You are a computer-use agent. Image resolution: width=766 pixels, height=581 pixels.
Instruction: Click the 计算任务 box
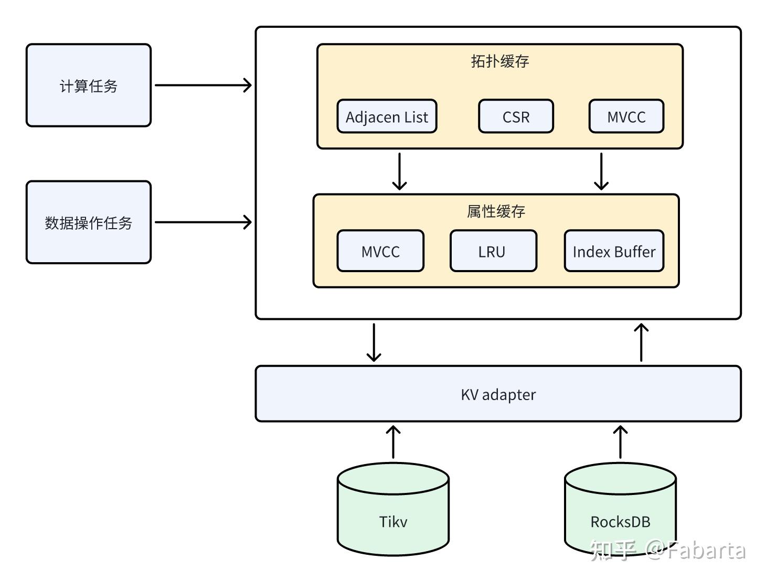pyautogui.click(x=88, y=85)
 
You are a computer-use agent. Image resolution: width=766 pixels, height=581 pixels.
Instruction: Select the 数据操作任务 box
pyautogui.click(x=88, y=222)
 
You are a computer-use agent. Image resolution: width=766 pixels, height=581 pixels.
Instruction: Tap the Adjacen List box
pyautogui.click(x=387, y=116)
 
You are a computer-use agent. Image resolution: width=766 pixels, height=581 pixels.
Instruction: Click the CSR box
pyautogui.click(x=516, y=116)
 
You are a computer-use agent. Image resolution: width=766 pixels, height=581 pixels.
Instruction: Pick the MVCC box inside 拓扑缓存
pyautogui.click(x=626, y=116)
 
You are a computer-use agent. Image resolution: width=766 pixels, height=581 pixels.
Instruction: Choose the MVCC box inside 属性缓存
pyautogui.click(x=380, y=251)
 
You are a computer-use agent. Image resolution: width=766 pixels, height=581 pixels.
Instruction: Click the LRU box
pyautogui.click(x=493, y=251)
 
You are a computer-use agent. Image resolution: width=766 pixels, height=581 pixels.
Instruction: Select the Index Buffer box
pyautogui.click(x=614, y=251)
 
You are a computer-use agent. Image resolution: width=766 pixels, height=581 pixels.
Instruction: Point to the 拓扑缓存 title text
pyautogui.click(x=499, y=61)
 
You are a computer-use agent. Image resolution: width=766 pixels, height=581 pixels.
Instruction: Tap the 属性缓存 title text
pyautogui.click(x=496, y=211)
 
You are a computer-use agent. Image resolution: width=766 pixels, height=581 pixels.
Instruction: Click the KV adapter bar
pyautogui.click(x=498, y=394)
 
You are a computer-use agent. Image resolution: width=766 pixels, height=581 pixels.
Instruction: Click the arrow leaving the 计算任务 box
pyautogui.click(x=203, y=85)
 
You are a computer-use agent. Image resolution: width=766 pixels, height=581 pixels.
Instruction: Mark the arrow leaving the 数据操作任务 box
pyautogui.click(x=203, y=222)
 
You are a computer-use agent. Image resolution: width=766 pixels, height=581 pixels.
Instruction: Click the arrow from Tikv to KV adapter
pyautogui.click(x=393, y=442)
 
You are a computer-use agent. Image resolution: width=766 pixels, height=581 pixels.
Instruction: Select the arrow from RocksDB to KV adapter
pyautogui.click(x=620, y=442)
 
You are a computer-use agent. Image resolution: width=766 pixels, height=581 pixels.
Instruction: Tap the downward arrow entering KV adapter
pyautogui.click(x=374, y=342)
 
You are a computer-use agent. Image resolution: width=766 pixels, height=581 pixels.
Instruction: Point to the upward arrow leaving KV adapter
pyautogui.click(x=641, y=342)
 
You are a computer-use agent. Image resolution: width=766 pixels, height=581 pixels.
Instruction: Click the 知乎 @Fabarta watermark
pyautogui.click(x=667, y=550)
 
